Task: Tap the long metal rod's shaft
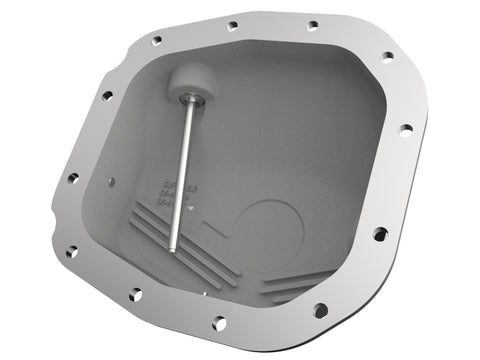(x=180, y=170)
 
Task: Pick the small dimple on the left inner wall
(x=111, y=182)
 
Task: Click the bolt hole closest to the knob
(x=156, y=41)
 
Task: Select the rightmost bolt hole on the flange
(x=405, y=129)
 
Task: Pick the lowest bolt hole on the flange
(x=218, y=322)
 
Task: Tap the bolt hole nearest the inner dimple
(x=72, y=178)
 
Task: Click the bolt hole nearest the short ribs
(x=316, y=309)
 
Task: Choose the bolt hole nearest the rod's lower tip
(x=135, y=294)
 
